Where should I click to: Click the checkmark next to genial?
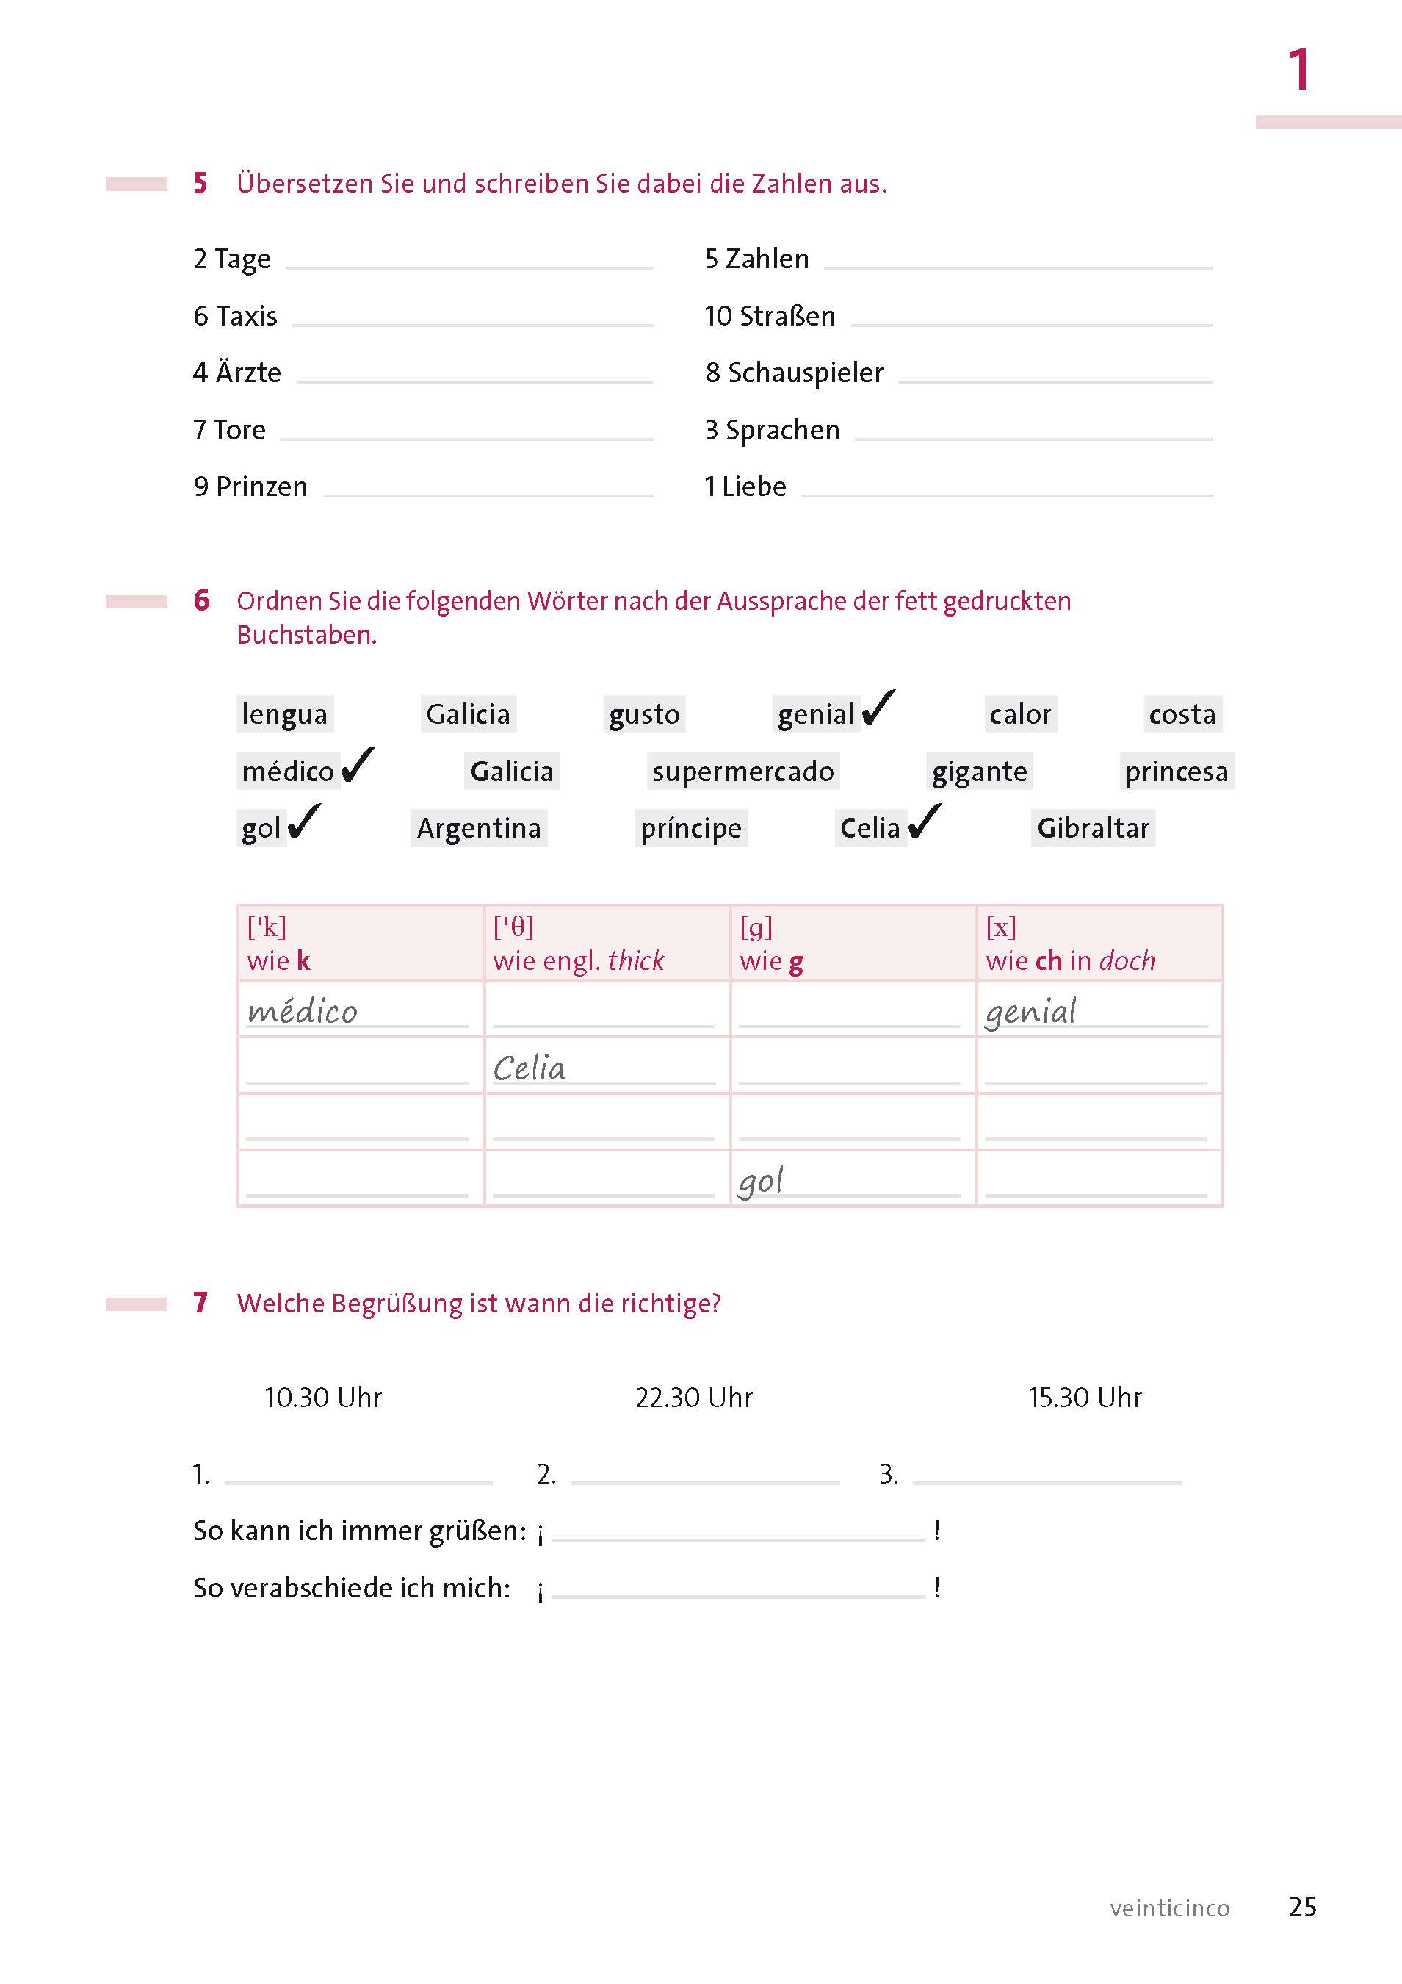coord(878,708)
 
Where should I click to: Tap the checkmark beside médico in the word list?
coord(358,766)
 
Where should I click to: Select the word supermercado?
coord(743,772)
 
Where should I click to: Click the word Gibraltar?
coord(1093,829)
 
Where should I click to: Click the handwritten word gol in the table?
coord(761,1182)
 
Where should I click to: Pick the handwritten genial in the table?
coord(1030,1012)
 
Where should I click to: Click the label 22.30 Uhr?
coord(694,1398)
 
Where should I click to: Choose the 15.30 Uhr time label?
coord(1084,1398)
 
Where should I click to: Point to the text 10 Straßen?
coord(770,316)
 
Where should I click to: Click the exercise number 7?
coord(200,1302)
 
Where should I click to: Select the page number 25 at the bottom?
coord(1302,1906)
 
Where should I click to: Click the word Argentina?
coord(479,829)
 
